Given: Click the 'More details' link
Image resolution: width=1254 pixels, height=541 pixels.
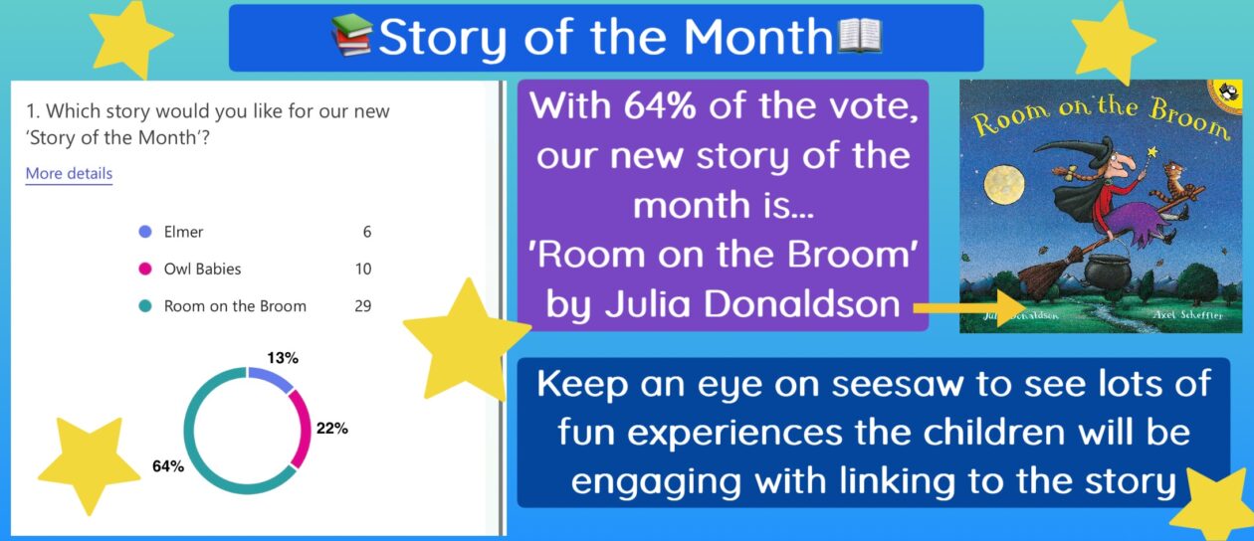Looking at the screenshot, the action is (69, 173).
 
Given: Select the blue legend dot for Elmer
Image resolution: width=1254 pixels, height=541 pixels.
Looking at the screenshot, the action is (145, 232).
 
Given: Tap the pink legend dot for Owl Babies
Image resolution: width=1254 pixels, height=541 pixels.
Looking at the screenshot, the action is (145, 270).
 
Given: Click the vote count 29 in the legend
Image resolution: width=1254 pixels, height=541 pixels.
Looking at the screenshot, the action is (362, 306).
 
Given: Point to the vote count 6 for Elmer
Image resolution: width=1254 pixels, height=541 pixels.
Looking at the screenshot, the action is (366, 232).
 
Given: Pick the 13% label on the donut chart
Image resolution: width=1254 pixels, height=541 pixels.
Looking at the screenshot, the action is (283, 358).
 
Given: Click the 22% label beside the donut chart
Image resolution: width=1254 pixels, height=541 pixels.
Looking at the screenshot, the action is (332, 429).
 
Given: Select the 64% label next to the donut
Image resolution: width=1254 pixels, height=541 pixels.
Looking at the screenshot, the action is (168, 466).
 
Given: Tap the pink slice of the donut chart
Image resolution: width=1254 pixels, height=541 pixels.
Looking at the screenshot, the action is (303, 428).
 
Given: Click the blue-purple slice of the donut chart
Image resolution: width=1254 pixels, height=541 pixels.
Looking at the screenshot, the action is (272, 377).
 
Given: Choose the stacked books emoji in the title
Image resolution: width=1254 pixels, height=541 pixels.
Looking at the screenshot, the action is (351, 35).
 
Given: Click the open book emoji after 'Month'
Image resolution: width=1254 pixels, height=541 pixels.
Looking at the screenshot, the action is (859, 36).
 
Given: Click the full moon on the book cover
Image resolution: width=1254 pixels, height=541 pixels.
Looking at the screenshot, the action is (1004, 184).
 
